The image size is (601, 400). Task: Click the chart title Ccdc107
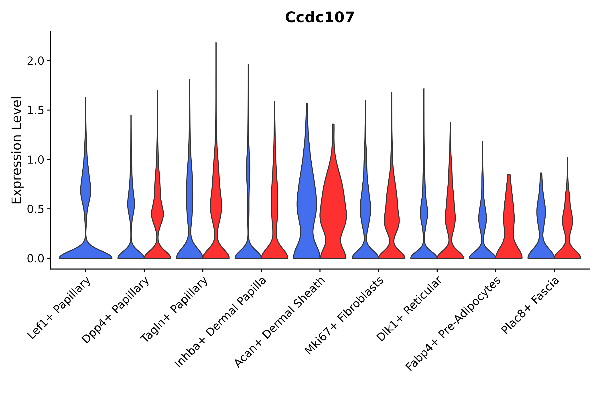coord(319,17)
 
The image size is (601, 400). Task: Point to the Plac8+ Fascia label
coord(530,306)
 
